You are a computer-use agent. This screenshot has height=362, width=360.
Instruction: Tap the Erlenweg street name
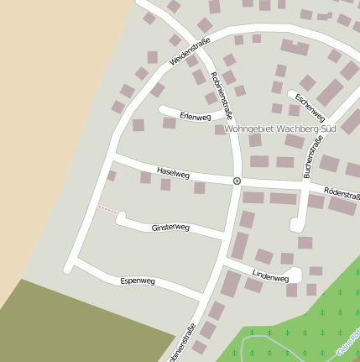pos(195,117)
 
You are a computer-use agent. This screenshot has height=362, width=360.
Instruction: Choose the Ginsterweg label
pos(170,228)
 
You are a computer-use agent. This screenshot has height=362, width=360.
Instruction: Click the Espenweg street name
pos(138,280)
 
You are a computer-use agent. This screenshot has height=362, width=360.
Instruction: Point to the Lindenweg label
pos(270,275)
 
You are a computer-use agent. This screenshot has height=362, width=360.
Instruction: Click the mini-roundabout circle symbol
pos(237,181)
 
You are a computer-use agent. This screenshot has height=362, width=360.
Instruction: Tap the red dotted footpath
pos(107,209)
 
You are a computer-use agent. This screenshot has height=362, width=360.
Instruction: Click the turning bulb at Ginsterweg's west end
pos(121,218)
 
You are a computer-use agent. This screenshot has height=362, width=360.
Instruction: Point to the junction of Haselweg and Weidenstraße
pos(113,155)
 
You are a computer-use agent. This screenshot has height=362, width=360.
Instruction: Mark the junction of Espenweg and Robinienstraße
pos(204,296)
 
